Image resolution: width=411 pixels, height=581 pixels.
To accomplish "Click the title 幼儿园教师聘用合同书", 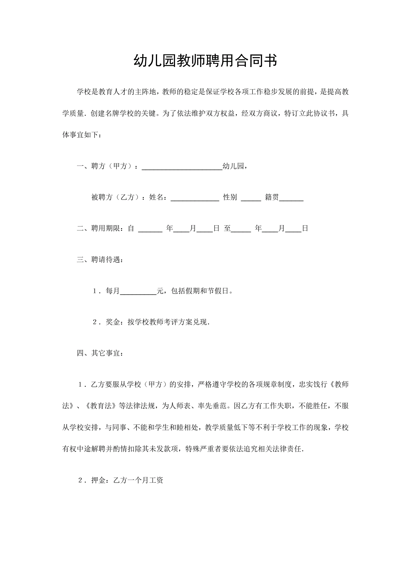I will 205,61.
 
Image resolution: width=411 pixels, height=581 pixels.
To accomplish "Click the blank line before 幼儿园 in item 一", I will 182,166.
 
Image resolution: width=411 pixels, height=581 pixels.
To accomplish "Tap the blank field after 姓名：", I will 195,197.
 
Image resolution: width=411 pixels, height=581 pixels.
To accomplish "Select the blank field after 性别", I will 251,197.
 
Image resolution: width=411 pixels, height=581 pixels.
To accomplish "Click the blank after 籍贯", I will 291,197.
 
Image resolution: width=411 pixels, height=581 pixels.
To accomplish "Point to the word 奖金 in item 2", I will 113,322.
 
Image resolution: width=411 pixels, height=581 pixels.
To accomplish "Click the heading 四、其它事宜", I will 100,353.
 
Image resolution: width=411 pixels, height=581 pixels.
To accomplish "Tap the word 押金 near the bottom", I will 99,480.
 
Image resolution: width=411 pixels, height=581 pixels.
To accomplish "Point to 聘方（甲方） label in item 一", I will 112,166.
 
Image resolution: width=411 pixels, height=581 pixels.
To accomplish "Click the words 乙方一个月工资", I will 138,480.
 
